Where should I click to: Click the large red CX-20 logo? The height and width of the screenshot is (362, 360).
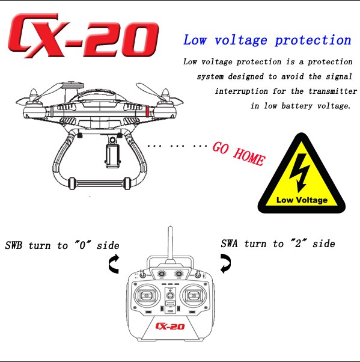84,36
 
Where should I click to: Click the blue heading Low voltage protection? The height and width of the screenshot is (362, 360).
267,40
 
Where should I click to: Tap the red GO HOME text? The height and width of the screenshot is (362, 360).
239,154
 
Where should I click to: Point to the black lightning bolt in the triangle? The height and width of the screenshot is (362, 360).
299,173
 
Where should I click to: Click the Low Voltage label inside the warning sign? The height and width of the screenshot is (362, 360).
302,200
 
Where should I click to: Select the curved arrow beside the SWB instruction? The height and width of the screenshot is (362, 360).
114,264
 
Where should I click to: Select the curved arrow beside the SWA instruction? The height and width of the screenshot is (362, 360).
225,263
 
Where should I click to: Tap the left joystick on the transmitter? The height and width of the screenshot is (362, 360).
146,295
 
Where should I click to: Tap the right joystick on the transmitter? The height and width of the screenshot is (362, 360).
194,295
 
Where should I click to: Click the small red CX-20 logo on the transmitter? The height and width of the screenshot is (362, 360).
170,326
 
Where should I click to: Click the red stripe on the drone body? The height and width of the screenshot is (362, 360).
147,111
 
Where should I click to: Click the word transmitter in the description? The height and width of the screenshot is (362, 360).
332,91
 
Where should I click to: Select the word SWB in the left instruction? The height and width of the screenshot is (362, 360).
14,245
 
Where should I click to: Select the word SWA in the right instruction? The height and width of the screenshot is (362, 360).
229,244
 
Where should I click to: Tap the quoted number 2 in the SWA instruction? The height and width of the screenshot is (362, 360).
298,244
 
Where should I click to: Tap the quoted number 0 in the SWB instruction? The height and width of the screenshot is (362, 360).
82,245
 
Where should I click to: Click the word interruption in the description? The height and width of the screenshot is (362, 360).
242,91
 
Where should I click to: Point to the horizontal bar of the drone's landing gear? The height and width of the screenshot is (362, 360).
99,183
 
